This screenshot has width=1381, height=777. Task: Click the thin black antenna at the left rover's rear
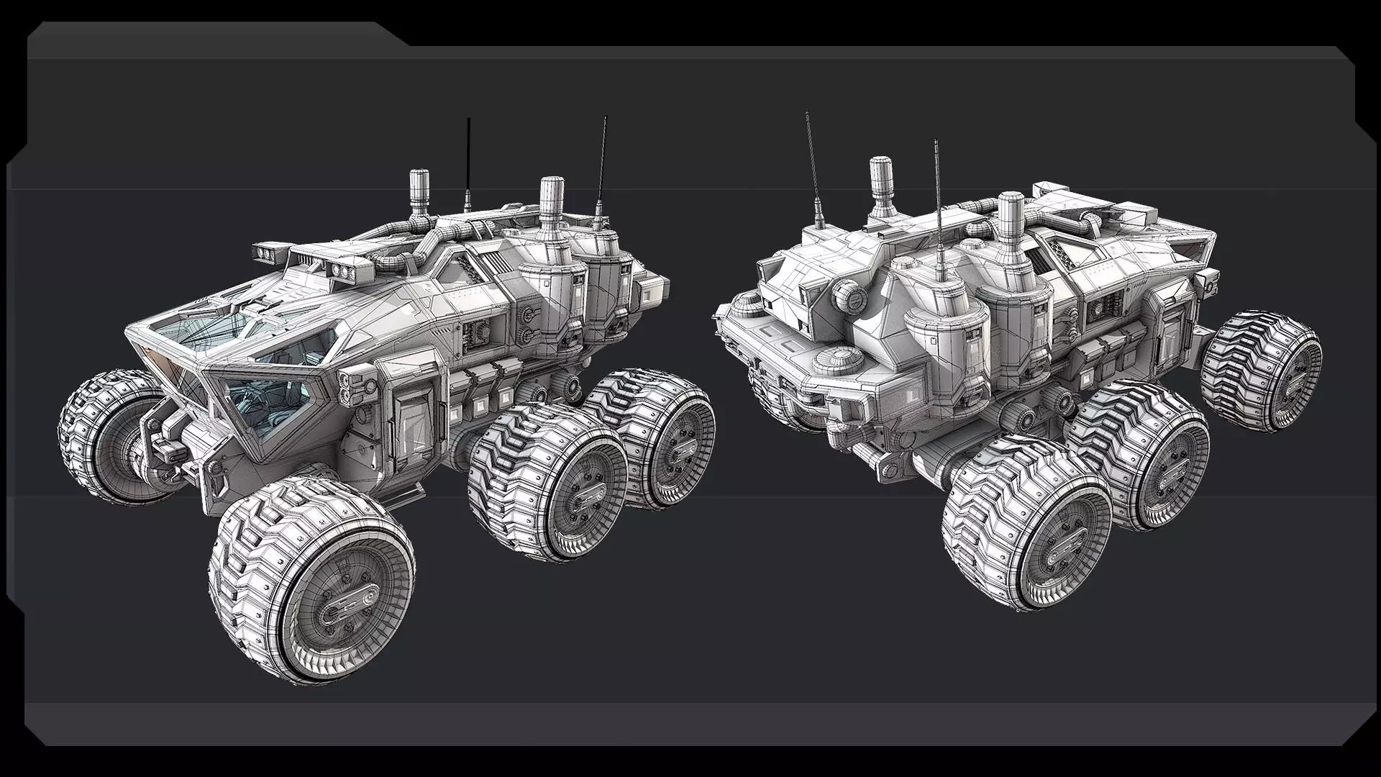601,165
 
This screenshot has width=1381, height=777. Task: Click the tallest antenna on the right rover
939,216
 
